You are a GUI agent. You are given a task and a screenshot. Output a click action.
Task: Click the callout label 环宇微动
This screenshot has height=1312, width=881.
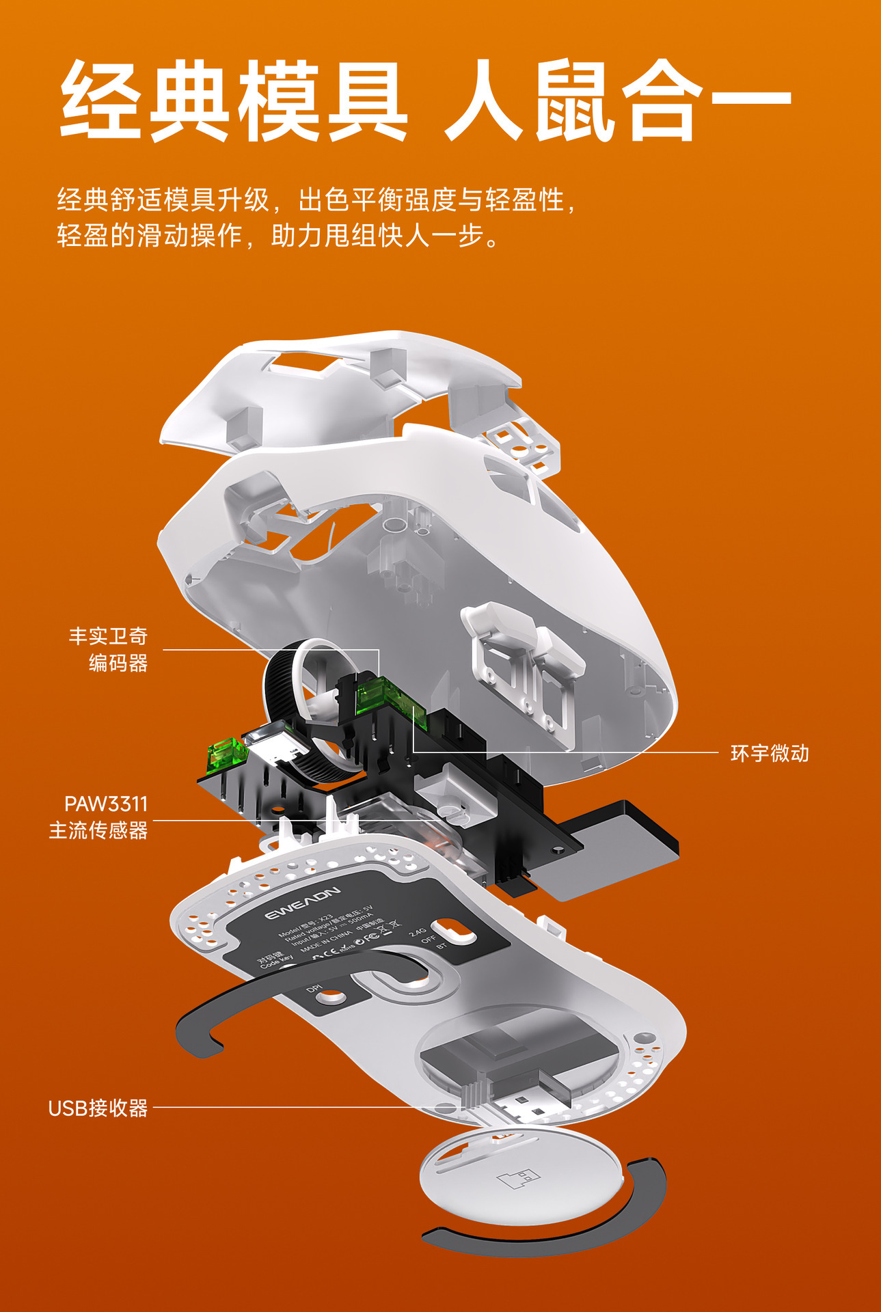(770, 753)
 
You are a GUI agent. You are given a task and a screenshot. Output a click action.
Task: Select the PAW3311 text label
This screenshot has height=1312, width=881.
(106, 804)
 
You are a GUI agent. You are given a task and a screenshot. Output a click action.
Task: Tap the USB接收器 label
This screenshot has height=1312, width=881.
(98, 1108)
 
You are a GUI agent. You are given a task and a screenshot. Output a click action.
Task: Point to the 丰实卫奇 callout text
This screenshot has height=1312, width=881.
(108, 636)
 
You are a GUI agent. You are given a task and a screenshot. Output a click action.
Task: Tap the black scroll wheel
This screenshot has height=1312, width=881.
(287, 711)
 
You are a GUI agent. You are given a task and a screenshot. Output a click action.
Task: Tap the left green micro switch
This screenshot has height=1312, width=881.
(227, 754)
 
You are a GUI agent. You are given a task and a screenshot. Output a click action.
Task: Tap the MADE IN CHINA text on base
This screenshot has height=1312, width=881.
(326, 942)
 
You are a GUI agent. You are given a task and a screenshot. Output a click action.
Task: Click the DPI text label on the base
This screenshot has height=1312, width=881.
(314, 989)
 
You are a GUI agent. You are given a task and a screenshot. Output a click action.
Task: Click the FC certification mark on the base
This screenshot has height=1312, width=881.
(371, 937)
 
